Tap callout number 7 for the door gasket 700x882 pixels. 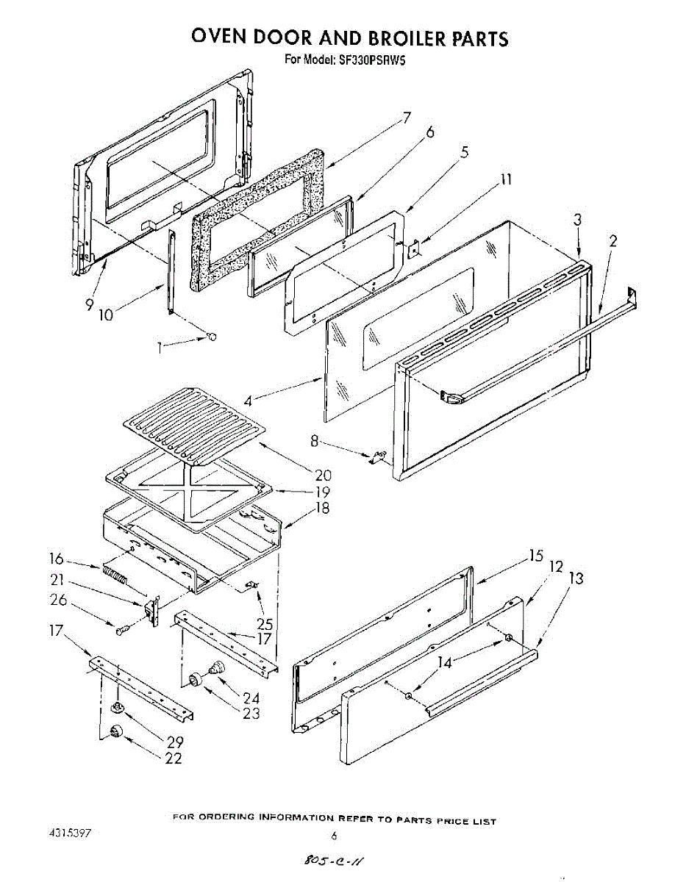click(x=406, y=117)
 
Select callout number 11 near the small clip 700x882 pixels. click(x=506, y=179)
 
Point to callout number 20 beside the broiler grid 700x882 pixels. click(x=323, y=475)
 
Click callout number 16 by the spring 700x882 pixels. click(x=57, y=558)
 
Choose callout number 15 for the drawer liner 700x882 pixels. click(x=535, y=556)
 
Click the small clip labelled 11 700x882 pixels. click(x=415, y=250)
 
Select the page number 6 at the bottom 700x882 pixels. click(x=334, y=836)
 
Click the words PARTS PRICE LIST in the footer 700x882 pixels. click(x=446, y=820)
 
